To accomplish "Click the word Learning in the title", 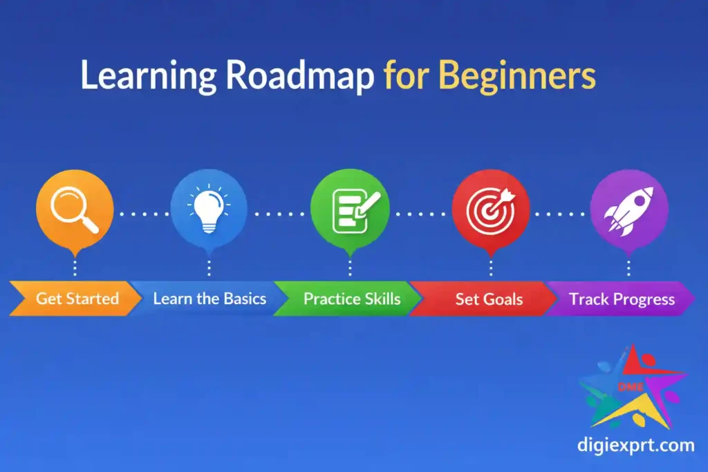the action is [x=148, y=76].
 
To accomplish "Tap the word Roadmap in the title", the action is [x=300, y=76].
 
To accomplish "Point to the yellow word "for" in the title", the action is [x=406, y=75].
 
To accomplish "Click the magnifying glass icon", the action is [x=75, y=210].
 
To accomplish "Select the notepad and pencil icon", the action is [x=355, y=211].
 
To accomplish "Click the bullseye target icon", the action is [x=490, y=210].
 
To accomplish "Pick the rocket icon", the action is [x=629, y=211].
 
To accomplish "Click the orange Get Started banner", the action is [x=75, y=299].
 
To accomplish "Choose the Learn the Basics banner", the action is [x=209, y=299].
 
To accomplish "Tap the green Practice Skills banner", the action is [x=351, y=299].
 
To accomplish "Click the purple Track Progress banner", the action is [x=622, y=299].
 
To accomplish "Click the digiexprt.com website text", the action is [x=636, y=445].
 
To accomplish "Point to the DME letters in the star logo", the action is [x=631, y=387].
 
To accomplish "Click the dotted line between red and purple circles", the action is [x=560, y=214].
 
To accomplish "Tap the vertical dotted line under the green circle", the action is [x=350, y=267].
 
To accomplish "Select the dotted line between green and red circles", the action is [x=420, y=214].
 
